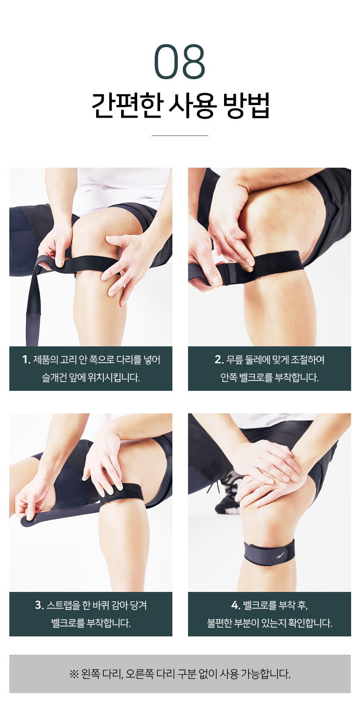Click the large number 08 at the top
click(180, 61)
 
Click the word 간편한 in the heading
click(127, 105)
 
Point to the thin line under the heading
click(180, 135)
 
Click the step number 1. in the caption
click(26, 359)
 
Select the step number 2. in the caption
click(219, 359)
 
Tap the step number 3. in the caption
click(39, 605)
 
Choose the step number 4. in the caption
click(236, 605)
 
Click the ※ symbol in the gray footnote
click(74, 674)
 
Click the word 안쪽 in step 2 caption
click(228, 377)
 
